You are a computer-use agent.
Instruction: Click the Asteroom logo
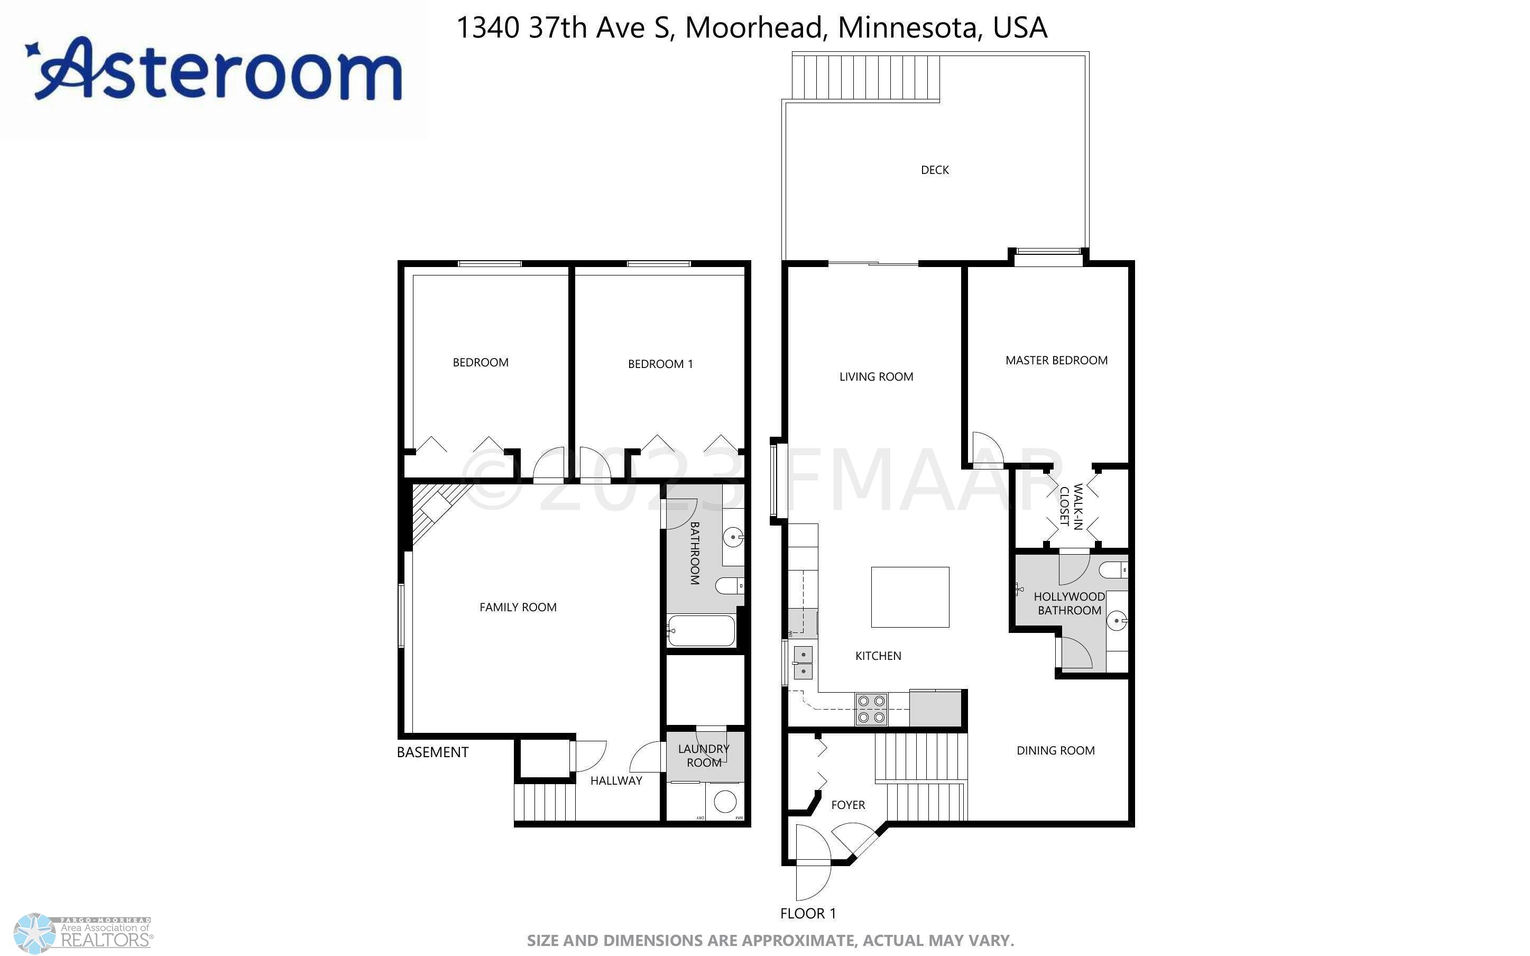213,70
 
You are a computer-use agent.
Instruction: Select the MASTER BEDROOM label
1056,361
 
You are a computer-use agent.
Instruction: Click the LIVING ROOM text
876,377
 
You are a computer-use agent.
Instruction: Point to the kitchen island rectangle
910,597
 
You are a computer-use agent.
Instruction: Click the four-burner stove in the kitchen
871,710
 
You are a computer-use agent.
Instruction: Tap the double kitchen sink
803,662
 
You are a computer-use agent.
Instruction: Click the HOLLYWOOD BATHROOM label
1070,603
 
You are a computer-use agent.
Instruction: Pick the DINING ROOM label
1055,750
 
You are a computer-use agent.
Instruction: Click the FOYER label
848,805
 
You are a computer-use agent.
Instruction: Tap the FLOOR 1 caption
808,913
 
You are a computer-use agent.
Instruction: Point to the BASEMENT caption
432,752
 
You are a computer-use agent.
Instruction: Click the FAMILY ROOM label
518,608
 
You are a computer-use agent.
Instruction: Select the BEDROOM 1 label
660,364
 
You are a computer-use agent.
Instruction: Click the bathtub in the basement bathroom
702,630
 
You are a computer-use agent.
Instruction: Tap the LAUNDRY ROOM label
704,756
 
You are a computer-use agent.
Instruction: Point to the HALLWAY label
616,781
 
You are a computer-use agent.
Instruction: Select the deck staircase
866,77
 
